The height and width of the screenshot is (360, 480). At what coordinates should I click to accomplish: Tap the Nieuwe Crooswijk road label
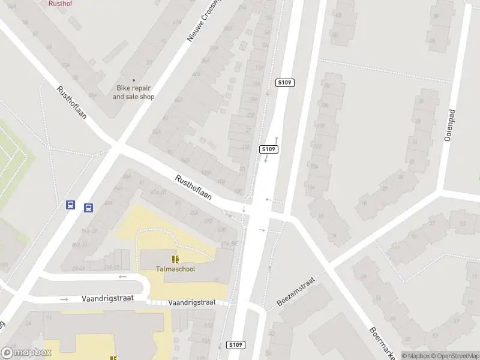coord(201,20)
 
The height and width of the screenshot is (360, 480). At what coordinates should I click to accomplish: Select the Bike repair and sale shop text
coord(133,92)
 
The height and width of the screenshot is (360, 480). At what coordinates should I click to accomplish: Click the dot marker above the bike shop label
coord(133,80)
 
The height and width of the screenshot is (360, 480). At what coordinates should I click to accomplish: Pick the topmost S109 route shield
coord(284,83)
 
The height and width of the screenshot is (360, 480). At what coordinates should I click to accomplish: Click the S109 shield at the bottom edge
coord(236,345)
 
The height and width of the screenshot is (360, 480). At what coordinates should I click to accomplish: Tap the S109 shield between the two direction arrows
coord(268,149)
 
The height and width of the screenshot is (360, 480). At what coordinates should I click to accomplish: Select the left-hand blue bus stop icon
coord(71,205)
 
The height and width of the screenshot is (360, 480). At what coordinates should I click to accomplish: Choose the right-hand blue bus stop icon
coord(88,208)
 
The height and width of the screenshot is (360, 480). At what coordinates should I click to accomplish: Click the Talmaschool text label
coord(175,269)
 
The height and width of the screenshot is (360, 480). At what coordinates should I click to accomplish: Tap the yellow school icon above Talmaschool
coord(175,259)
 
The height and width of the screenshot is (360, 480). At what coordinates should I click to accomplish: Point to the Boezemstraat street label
coord(295,291)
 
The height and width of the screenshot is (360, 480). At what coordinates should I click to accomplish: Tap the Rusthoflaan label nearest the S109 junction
coord(194,187)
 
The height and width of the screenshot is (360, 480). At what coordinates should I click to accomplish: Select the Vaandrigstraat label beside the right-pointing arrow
coord(107,299)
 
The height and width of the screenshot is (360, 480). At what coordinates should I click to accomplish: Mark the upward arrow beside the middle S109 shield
coord(277,142)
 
